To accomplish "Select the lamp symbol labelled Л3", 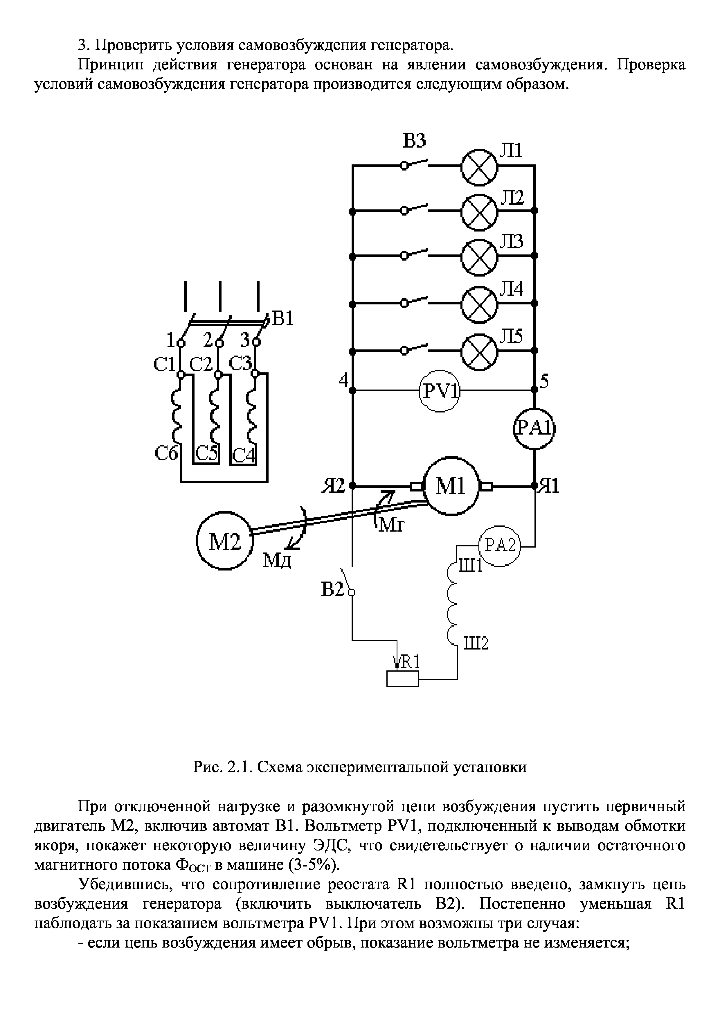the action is pos(479,256).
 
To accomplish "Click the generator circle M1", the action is pos(452,487).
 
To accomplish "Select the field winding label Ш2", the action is pos(476,643).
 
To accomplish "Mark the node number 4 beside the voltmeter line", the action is pos(344,380).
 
